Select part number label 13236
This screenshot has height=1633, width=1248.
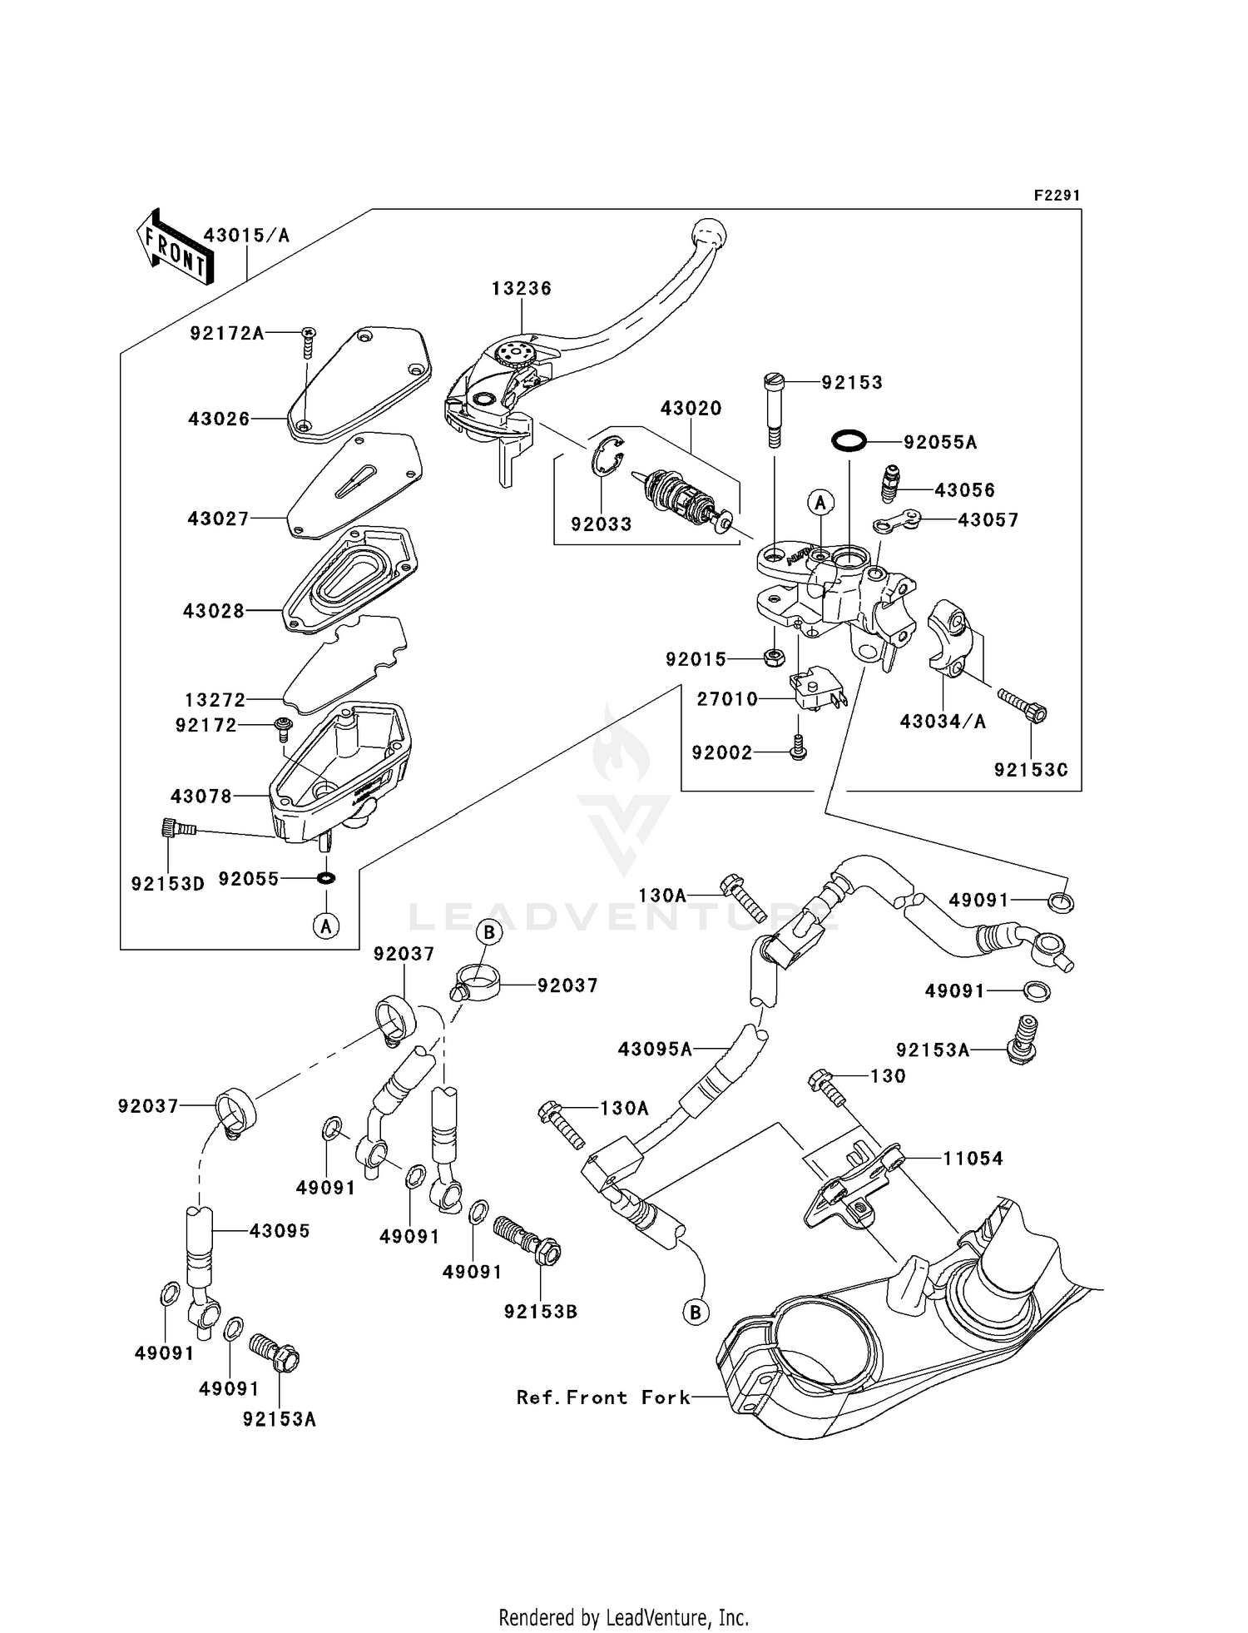coord(521,289)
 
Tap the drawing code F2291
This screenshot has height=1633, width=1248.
coord(1056,196)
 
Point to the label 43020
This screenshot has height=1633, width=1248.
coord(691,409)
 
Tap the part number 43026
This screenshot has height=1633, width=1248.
coord(219,419)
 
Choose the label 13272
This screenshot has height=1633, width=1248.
coord(215,700)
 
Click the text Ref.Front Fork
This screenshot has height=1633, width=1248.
coord(603,1398)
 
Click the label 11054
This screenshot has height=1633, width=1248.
coord(973,1159)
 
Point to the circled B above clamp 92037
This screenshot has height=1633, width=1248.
coord(489,933)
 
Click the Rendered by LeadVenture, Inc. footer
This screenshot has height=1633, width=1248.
coord(623,1618)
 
